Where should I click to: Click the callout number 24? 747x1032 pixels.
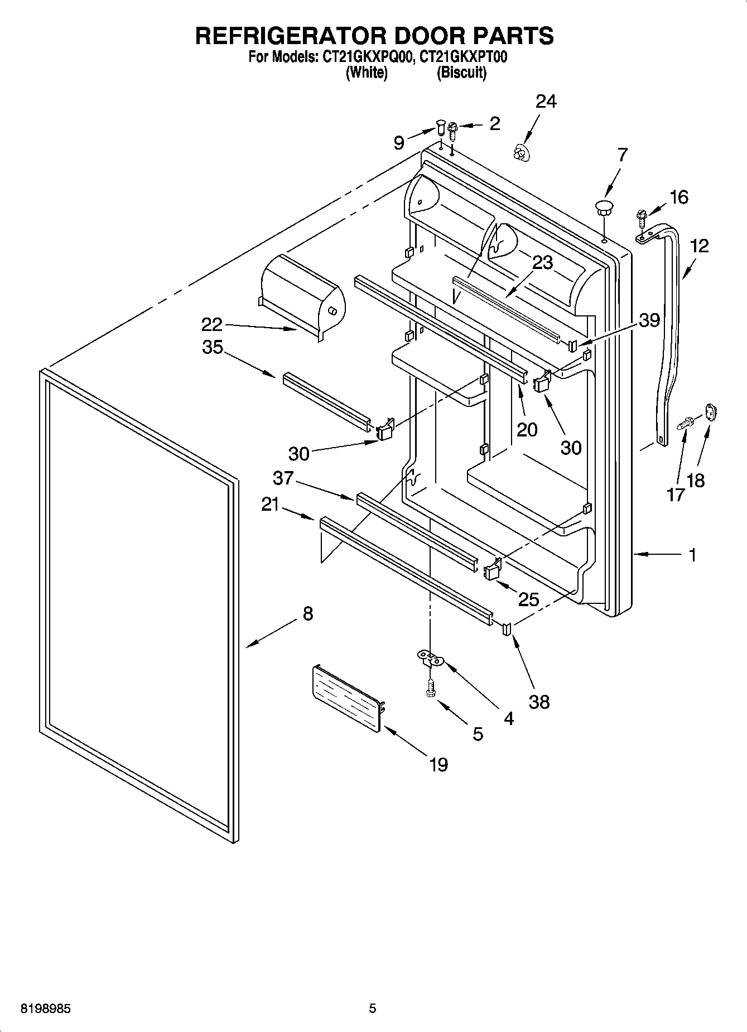546,102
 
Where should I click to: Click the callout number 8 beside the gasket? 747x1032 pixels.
308,614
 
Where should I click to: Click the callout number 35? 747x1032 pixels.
213,347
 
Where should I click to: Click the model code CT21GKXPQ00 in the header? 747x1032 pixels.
365,57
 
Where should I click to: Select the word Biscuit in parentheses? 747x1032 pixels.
461,73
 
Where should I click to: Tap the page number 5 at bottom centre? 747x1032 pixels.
373,1009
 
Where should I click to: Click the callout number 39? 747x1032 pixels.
649,320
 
